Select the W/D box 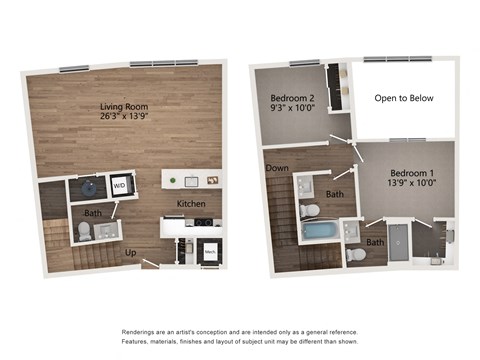(x=119, y=185)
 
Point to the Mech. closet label (x=210, y=252)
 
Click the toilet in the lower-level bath (x=85, y=232)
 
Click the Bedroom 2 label (x=291, y=98)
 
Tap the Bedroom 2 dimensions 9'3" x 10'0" (x=291, y=110)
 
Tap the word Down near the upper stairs (x=277, y=169)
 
